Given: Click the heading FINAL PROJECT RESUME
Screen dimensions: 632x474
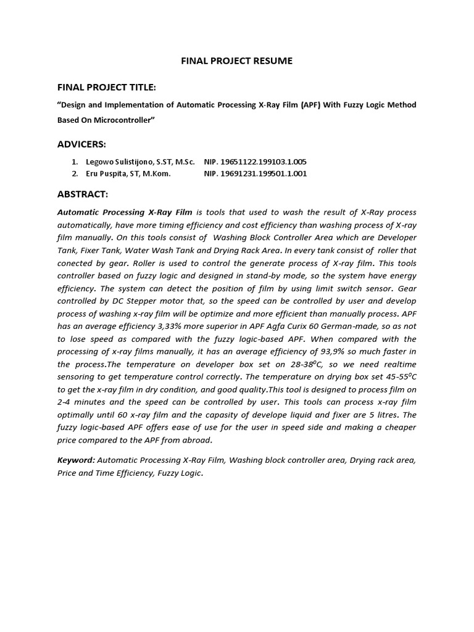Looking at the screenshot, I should (236, 61).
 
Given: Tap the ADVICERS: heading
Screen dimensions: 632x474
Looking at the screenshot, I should (81, 144).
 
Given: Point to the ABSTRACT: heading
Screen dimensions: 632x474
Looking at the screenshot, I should (83, 194).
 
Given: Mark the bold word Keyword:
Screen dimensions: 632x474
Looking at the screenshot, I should (76, 460).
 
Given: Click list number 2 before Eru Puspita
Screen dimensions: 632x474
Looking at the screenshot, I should (75, 173).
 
